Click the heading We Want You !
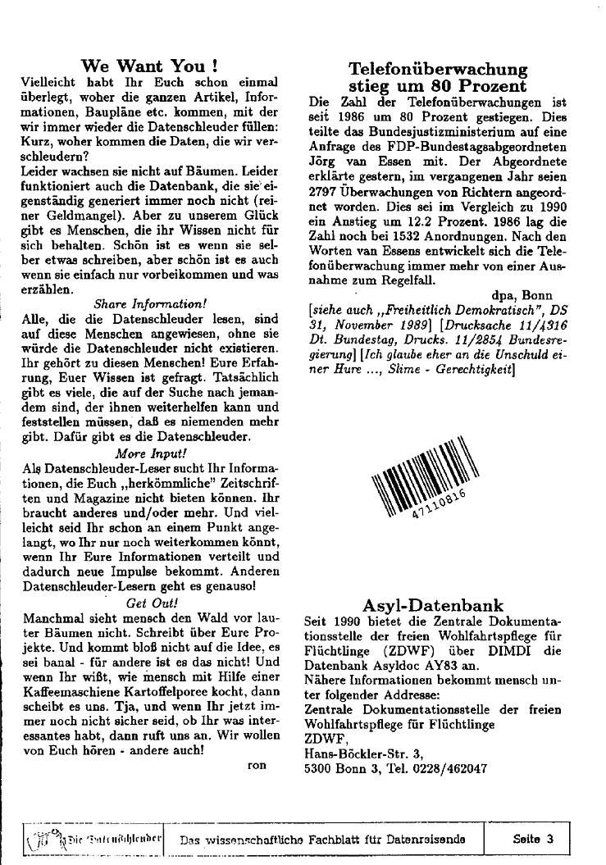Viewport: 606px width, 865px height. [150, 66]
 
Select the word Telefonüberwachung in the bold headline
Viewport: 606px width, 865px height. [438, 69]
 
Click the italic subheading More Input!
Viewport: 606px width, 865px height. [151, 452]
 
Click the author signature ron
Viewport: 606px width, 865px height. [257, 764]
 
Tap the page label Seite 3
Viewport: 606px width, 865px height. [533, 839]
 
